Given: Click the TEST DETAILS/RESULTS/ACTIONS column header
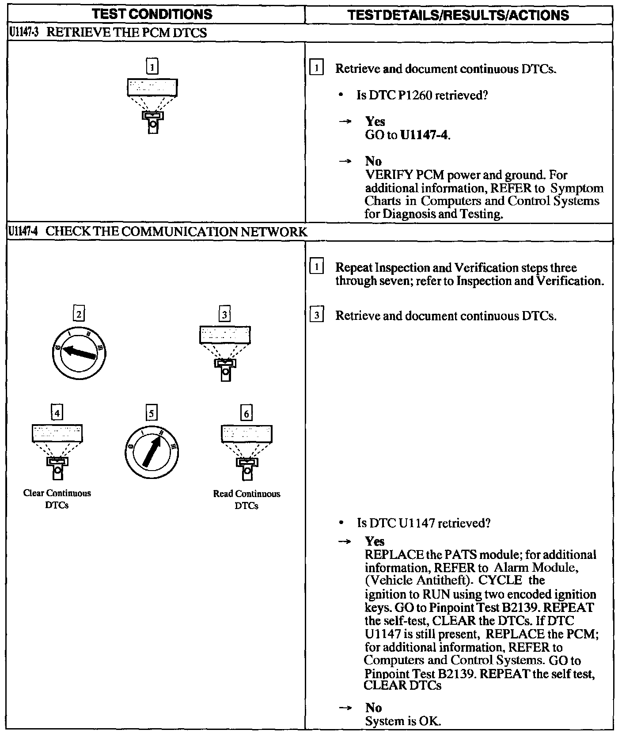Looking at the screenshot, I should click(x=458, y=15).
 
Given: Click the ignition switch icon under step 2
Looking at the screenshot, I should click(x=79, y=352).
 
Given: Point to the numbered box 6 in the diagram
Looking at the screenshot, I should click(x=247, y=413).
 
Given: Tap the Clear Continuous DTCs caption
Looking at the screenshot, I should click(x=57, y=499).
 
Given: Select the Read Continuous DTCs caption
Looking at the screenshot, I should click(x=247, y=499).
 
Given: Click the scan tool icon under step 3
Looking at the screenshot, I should click(x=225, y=353).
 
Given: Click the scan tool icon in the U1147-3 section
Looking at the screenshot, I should click(x=152, y=106).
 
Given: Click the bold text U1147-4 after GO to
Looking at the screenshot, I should click(x=425, y=135).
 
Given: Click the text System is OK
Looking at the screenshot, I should click(x=403, y=721).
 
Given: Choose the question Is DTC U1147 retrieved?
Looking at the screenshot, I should click(x=424, y=523).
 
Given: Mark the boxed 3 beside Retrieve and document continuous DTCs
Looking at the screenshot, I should click(x=317, y=315).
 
